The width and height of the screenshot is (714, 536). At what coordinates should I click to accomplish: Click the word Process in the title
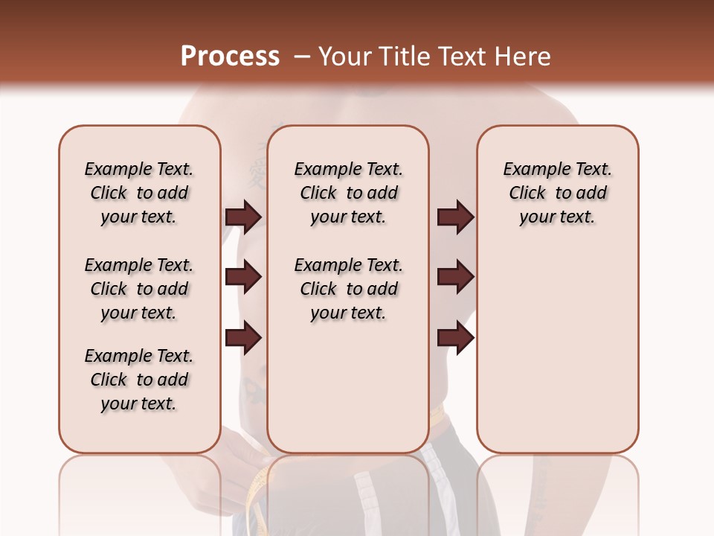(x=230, y=57)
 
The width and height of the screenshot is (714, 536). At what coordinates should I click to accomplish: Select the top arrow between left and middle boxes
(x=243, y=217)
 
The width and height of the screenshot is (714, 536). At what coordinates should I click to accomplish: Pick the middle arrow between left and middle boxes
(x=243, y=277)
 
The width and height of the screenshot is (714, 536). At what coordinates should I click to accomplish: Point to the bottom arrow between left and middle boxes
(x=243, y=337)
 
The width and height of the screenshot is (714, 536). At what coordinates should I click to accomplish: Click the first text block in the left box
(x=139, y=193)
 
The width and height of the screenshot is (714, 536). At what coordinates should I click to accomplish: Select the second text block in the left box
(x=139, y=289)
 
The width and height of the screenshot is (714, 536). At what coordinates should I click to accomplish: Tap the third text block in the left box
(x=139, y=380)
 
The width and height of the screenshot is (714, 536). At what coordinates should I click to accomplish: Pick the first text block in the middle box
(x=349, y=193)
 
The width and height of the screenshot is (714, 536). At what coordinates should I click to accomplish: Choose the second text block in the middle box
(x=349, y=289)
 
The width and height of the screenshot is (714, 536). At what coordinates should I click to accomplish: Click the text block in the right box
(x=558, y=193)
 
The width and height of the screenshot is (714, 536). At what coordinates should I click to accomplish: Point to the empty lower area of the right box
(x=558, y=342)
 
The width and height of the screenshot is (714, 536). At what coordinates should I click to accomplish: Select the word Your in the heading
(x=344, y=57)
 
